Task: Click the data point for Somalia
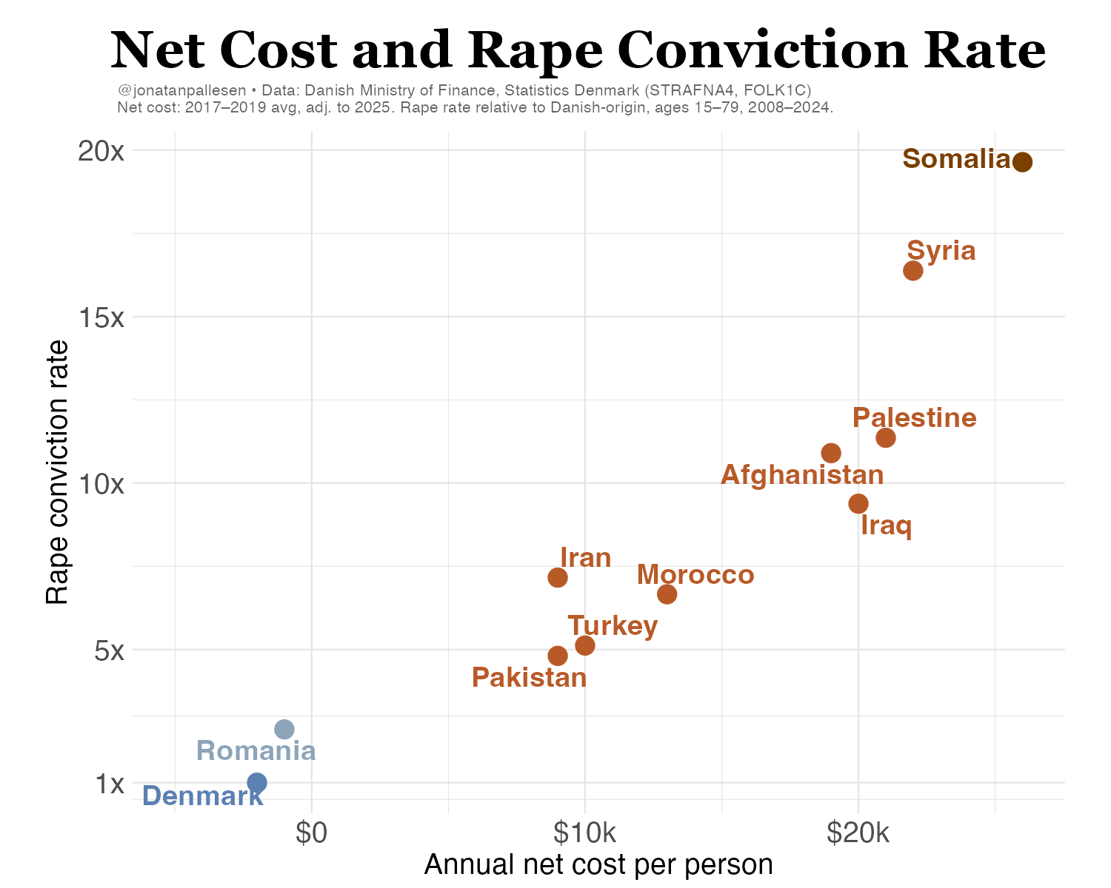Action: pos(1022,162)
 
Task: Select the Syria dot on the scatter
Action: pos(913,271)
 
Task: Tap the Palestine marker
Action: pos(886,437)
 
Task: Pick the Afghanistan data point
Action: pos(831,453)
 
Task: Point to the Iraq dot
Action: pos(858,503)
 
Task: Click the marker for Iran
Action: pos(558,577)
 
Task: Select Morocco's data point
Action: pos(667,594)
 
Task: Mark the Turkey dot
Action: pos(585,645)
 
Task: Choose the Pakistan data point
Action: pos(558,656)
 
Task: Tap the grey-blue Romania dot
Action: pos(284,729)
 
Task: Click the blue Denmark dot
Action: pos(257,782)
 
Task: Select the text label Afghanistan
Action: pos(802,475)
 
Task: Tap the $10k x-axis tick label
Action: pos(584,834)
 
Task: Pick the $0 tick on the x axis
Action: pos(311,834)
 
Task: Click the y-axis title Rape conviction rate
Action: pos(58,472)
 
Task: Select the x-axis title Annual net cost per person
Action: pos(598,864)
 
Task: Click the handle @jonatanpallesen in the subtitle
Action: pos(181,90)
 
